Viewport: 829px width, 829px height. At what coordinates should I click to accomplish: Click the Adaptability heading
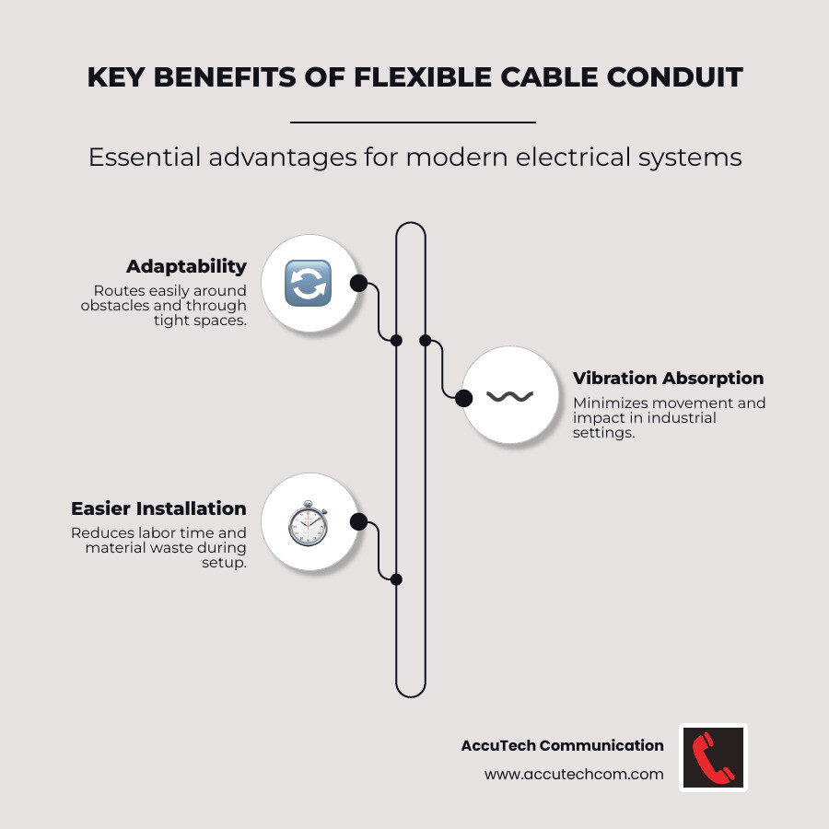pyautogui.click(x=186, y=266)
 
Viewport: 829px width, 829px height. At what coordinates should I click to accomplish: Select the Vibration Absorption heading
pyautogui.click(x=668, y=378)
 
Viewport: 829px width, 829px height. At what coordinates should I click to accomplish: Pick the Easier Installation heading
pyautogui.click(x=158, y=508)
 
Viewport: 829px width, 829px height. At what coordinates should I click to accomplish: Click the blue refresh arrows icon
pyautogui.click(x=308, y=283)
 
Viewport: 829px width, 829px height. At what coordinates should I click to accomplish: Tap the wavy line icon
pyautogui.click(x=509, y=397)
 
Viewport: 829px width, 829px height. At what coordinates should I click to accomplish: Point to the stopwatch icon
pyautogui.click(x=308, y=523)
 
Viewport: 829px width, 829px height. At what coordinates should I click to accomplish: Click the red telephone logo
pyautogui.click(x=713, y=757)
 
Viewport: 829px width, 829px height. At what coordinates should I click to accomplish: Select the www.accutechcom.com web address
pyautogui.click(x=574, y=775)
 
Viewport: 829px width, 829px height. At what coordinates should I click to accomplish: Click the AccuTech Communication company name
pyautogui.click(x=562, y=745)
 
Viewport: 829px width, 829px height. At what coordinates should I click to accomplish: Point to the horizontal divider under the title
pyautogui.click(x=413, y=122)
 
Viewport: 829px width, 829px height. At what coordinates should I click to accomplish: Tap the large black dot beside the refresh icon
pyautogui.click(x=358, y=283)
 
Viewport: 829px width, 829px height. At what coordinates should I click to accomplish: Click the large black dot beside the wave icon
pyautogui.click(x=464, y=398)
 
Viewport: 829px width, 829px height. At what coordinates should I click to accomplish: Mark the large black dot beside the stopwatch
pyautogui.click(x=358, y=522)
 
